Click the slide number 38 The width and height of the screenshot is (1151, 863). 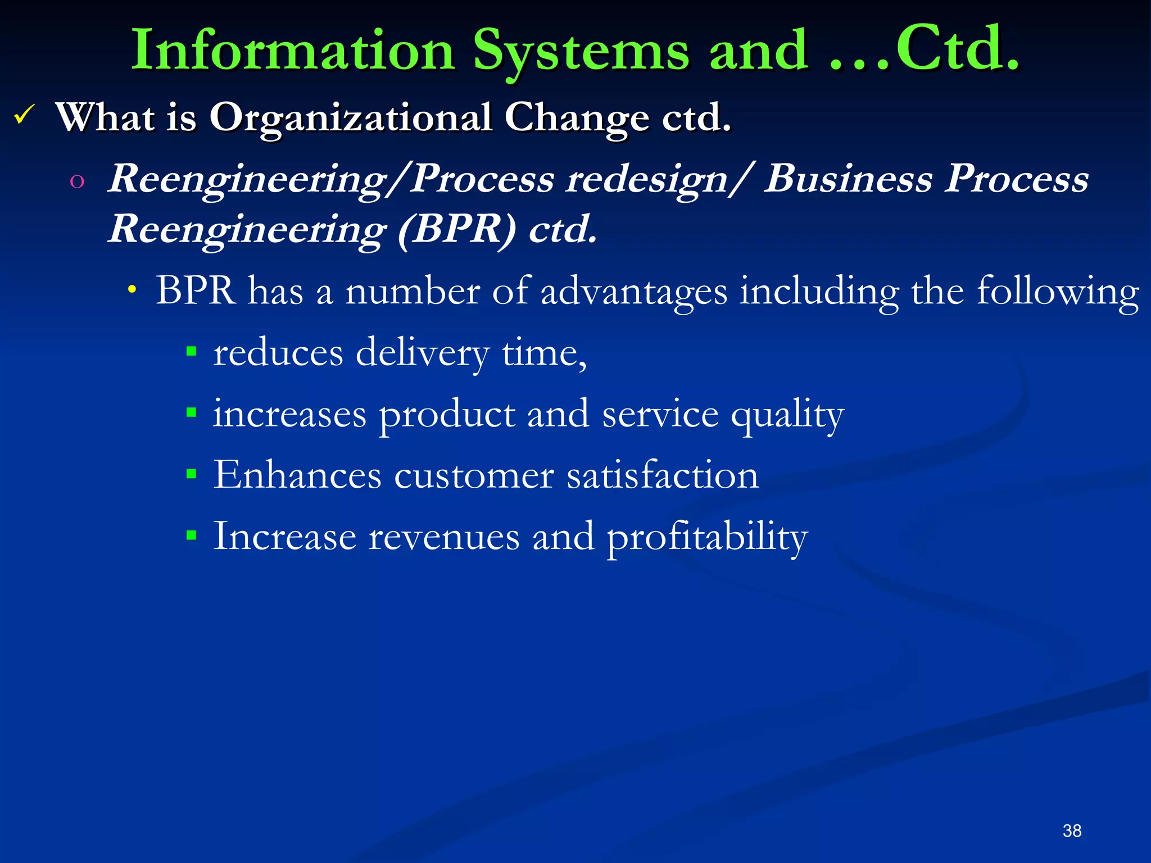point(1072,830)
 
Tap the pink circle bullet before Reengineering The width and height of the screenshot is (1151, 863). point(77,181)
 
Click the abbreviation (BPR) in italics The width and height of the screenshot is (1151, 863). point(456,229)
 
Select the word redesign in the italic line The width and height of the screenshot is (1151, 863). point(647,180)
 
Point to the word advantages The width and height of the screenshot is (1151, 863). point(633,292)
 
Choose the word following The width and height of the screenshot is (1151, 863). point(1058,292)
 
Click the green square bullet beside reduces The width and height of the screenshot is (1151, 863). point(192,352)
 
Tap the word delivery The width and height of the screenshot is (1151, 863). point(422,353)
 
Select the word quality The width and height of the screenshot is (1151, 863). point(787,415)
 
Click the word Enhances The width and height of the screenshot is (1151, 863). point(297,475)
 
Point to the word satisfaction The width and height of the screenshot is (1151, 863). point(662,475)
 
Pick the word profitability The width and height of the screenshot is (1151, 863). point(707,537)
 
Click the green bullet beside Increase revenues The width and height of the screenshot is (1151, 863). point(192,535)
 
